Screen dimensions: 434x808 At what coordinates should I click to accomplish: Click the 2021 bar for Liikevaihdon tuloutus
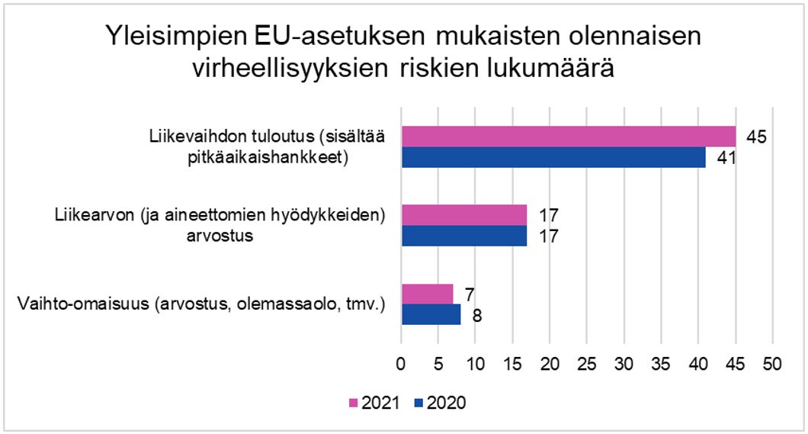pyautogui.click(x=568, y=137)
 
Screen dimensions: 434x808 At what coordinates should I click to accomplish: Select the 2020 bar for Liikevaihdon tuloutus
pyautogui.click(x=553, y=156)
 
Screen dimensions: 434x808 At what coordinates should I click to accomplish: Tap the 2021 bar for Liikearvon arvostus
pyautogui.click(x=464, y=215)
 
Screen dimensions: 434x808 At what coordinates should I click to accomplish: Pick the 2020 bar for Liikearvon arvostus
pyautogui.click(x=464, y=236)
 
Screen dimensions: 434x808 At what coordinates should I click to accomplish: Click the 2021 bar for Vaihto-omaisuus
pyautogui.click(x=427, y=294)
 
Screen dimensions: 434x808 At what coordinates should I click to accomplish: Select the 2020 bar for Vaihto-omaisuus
pyautogui.click(x=431, y=314)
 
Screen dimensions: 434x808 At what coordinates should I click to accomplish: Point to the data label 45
pyautogui.click(x=755, y=137)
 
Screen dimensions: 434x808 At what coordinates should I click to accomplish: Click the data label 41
pyautogui.click(x=725, y=158)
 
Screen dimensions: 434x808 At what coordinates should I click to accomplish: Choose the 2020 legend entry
pyautogui.click(x=441, y=403)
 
